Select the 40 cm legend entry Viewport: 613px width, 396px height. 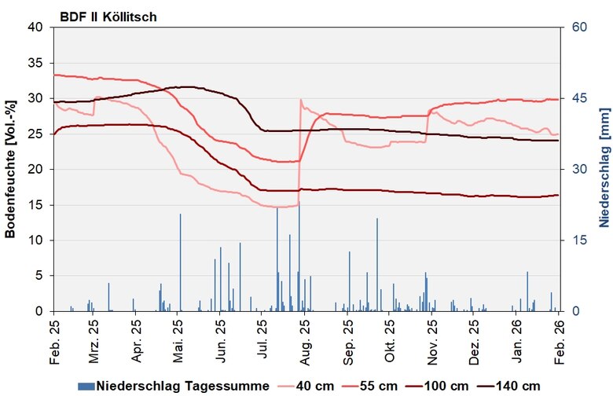312,385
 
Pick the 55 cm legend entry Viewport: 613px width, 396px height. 375,385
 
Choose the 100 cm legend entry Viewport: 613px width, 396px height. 442,385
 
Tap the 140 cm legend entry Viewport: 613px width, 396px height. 514,385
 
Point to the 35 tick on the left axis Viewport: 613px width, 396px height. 36,63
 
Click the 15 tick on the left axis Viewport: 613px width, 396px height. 36,205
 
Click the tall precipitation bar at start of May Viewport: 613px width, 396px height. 180,262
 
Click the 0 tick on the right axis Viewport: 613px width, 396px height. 573,311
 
